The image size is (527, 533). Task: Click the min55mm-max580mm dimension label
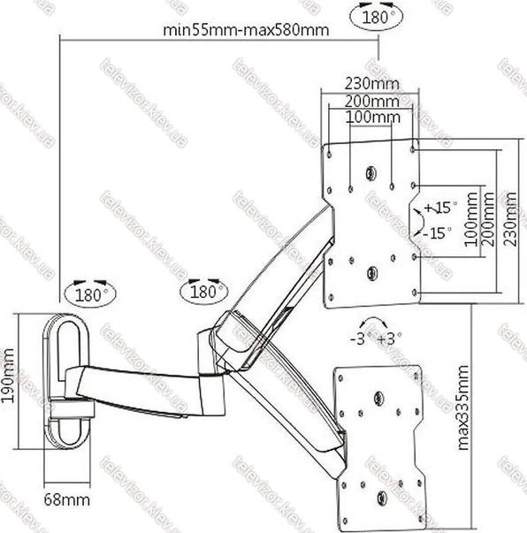[x=246, y=30]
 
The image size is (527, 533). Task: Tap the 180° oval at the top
[x=377, y=16]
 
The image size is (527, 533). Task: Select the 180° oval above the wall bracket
[x=90, y=294]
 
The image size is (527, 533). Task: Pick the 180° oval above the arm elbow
[x=204, y=292]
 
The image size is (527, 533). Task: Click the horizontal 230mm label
[x=372, y=83]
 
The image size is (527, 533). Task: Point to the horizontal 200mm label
[x=372, y=101]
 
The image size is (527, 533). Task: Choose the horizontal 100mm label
[x=373, y=118]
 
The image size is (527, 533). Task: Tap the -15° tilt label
[x=438, y=233]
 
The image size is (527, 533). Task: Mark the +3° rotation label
[x=390, y=339]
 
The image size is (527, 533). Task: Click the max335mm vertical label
[x=463, y=408]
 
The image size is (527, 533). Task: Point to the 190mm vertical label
[x=7, y=376]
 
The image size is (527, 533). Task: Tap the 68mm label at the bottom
[x=67, y=500]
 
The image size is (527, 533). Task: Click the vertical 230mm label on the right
[x=510, y=218]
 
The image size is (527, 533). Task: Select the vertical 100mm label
[x=471, y=219]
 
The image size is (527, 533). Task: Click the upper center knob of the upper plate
[x=370, y=173]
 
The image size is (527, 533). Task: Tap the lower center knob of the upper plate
[x=372, y=272]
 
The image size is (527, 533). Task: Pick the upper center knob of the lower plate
[x=378, y=399]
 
